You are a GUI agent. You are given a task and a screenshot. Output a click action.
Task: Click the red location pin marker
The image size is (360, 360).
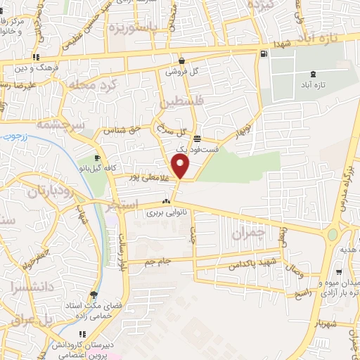click(x=181, y=167)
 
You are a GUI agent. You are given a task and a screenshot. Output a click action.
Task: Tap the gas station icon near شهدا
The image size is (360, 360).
click(x=263, y=53)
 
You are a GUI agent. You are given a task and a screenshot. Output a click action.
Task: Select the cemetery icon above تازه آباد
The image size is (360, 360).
click(x=313, y=74)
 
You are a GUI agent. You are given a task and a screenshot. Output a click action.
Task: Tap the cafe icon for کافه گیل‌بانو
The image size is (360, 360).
click(x=97, y=157)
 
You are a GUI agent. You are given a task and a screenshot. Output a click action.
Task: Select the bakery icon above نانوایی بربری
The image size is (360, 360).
click(x=167, y=202)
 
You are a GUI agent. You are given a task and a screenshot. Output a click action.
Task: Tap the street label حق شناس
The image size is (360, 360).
click(x=119, y=130)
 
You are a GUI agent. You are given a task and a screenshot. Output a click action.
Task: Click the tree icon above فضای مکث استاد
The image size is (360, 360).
click(x=94, y=295)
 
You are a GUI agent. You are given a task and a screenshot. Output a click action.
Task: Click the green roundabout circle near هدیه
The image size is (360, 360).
click(x=331, y=234)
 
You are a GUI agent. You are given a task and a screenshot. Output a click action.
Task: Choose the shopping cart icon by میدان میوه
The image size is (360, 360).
click(x=340, y=272)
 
